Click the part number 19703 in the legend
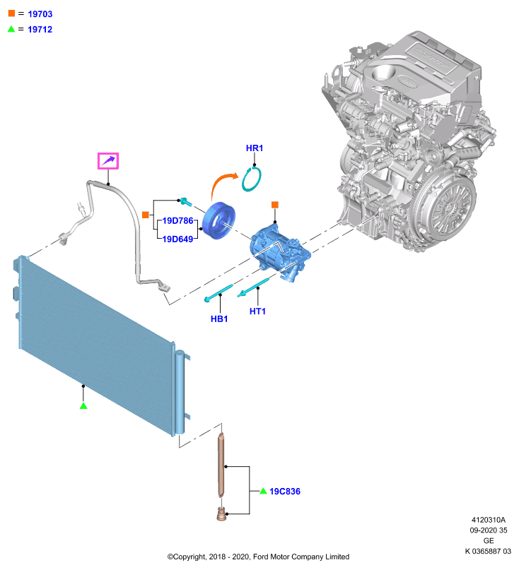[x=40, y=14]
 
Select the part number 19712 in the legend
[x=40, y=30]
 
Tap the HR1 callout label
[x=255, y=148]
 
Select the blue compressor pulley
[x=218, y=221]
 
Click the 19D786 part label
[x=177, y=220]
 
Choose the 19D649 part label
[x=177, y=239]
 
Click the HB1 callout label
[x=219, y=319]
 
